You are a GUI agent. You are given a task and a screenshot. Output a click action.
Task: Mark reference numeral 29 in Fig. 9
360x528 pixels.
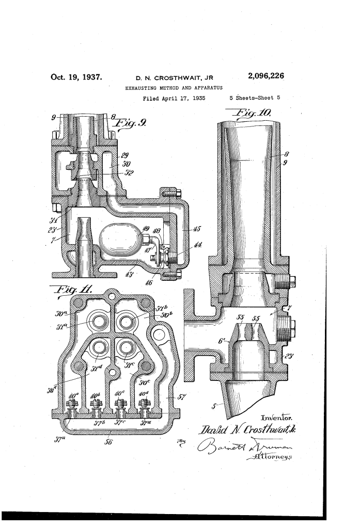(x=124, y=155)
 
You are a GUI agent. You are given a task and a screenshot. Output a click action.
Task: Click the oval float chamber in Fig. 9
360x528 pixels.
(x=119, y=239)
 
